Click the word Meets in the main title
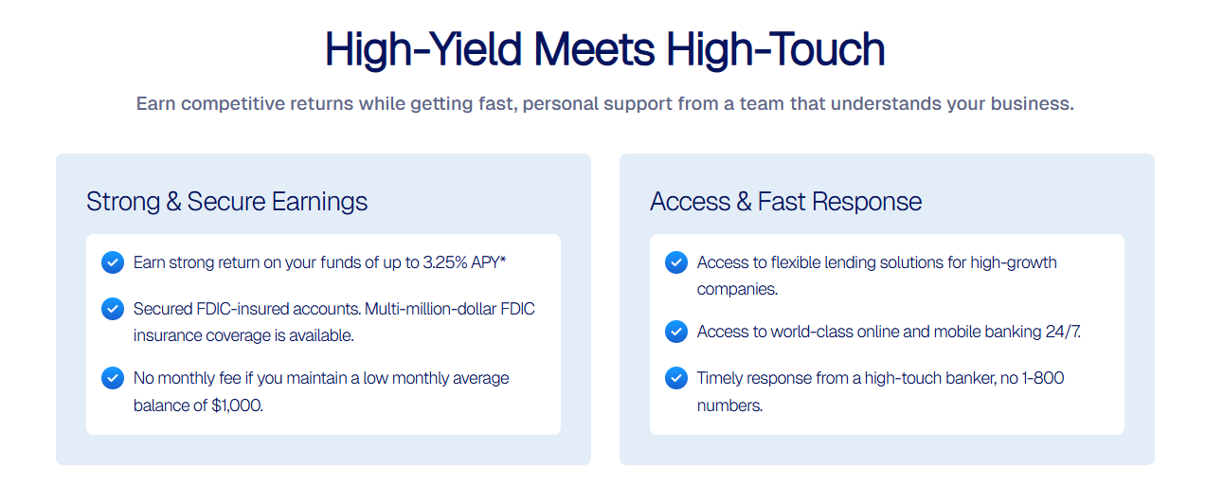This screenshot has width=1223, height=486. coord(594,49)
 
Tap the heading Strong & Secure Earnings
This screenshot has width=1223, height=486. coord(226,202)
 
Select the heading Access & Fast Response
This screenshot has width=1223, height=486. coord(785,202)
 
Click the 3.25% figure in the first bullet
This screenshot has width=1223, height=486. coord(445,262)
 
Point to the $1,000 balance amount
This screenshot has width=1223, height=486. coord(237,405)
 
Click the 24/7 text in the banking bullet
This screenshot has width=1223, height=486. coord(1063,332)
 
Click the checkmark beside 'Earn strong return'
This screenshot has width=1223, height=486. coord(113,262)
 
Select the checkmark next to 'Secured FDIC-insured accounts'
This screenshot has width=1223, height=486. coord(113,309)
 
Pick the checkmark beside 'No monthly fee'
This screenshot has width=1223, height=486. coord(113,378)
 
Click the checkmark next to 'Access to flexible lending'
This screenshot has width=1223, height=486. coord(676,262)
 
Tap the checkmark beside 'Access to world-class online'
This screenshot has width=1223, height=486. coord(676,332)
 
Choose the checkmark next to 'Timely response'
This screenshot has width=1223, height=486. coord(676,378)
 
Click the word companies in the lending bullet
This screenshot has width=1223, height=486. coord(737,289)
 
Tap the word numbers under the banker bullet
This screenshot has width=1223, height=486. coord(729,405)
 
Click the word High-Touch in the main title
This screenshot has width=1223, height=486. coord(775,49)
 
